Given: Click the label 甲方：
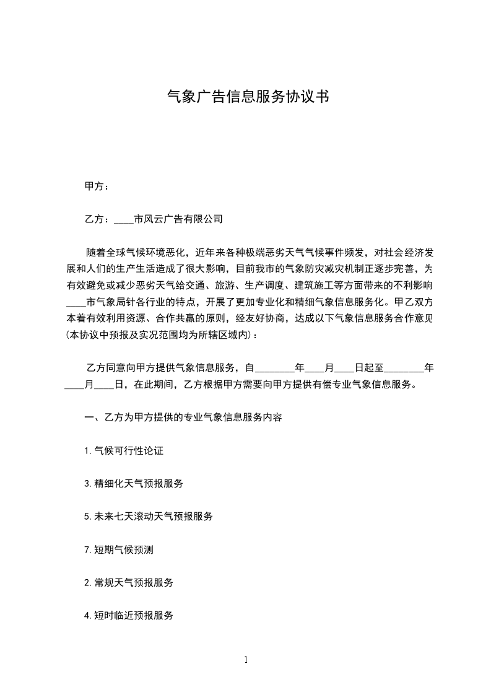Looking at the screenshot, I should [x=97, y=186].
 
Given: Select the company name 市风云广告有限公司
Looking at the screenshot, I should [x=178, y=219].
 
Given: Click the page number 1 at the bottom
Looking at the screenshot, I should [x=246, y=660].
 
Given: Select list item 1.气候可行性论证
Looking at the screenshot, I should [x=124, y=450].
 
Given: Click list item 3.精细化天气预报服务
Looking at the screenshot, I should [x=134, y=483].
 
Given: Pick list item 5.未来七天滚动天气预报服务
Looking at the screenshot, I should [x=149, y=516].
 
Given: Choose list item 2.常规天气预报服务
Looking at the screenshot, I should [x=129, y=582].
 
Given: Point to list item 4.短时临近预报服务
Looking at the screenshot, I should [x=129, y=615].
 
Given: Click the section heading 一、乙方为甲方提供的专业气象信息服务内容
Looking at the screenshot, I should [x=183, y=417].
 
